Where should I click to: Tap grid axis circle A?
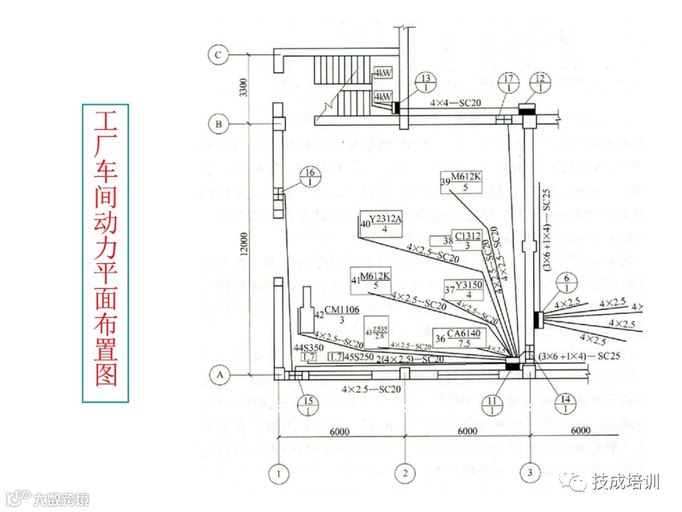point(220,373)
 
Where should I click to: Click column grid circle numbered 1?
point(279,472)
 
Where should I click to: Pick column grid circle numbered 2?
point(405,472)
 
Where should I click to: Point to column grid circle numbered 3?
point(529,472)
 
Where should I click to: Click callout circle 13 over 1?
point(426,82)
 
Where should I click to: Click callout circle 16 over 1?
point(310,177)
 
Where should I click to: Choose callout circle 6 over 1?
point(567,282)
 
